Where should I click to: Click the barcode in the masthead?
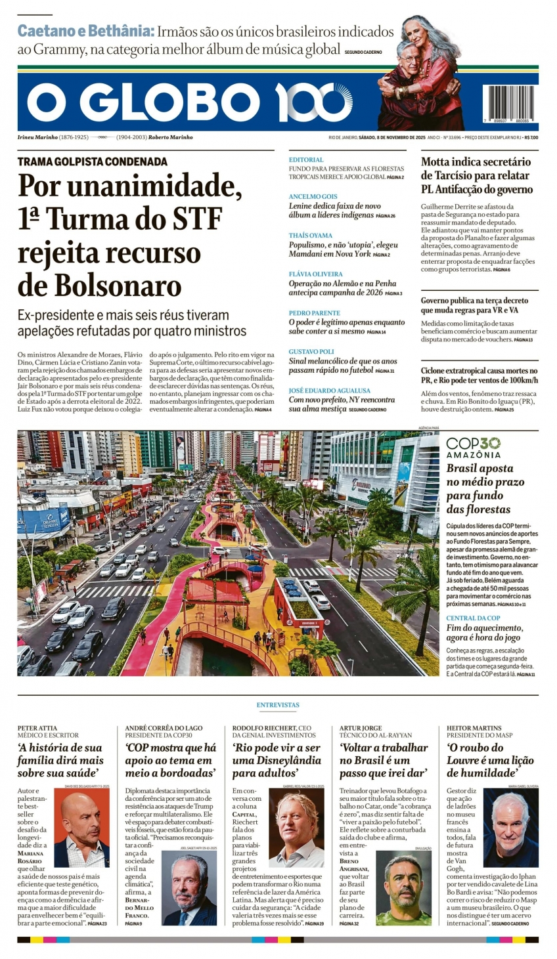pos(510,104)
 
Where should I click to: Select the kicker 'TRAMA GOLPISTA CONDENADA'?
pos(93,161)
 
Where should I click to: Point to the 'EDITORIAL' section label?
pos(306,160)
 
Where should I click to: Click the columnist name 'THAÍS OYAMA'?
pos(311,236)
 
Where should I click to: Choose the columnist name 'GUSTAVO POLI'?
pos(311,352)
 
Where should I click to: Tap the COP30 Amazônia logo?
pos(474,448)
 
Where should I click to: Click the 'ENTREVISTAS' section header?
pos(278,705)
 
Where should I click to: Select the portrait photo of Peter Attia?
pos(81,829)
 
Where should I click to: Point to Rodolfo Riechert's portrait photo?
pos(296,828)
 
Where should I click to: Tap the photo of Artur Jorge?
pos(403,887)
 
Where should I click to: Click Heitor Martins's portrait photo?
pos(510,829)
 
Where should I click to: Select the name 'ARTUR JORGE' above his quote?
pos(361,728)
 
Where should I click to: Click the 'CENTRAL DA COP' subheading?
pos(473,618)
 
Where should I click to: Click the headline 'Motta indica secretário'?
pos(476,161)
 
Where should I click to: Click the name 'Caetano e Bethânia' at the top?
pos(85,31)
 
